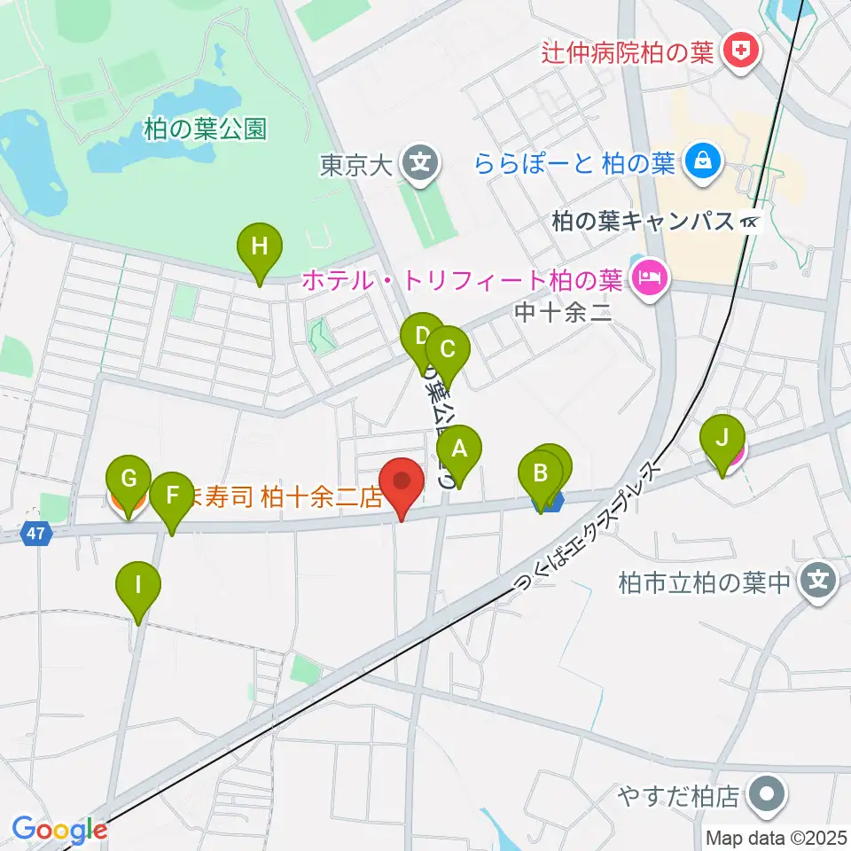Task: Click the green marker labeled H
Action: click(x=259, y=247)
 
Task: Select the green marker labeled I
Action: click(x=138, y=586)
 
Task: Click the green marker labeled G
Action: click(x=129, y=481)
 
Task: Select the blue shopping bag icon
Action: click(x=702, y=162)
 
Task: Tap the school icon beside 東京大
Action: click(x=419, y=163)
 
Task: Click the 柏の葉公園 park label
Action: click(x=204, y=129)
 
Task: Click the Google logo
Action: click(x=59, y=830)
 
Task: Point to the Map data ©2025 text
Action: click(x=777, y=838)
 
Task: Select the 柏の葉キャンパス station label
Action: click(x=643, y=221)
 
